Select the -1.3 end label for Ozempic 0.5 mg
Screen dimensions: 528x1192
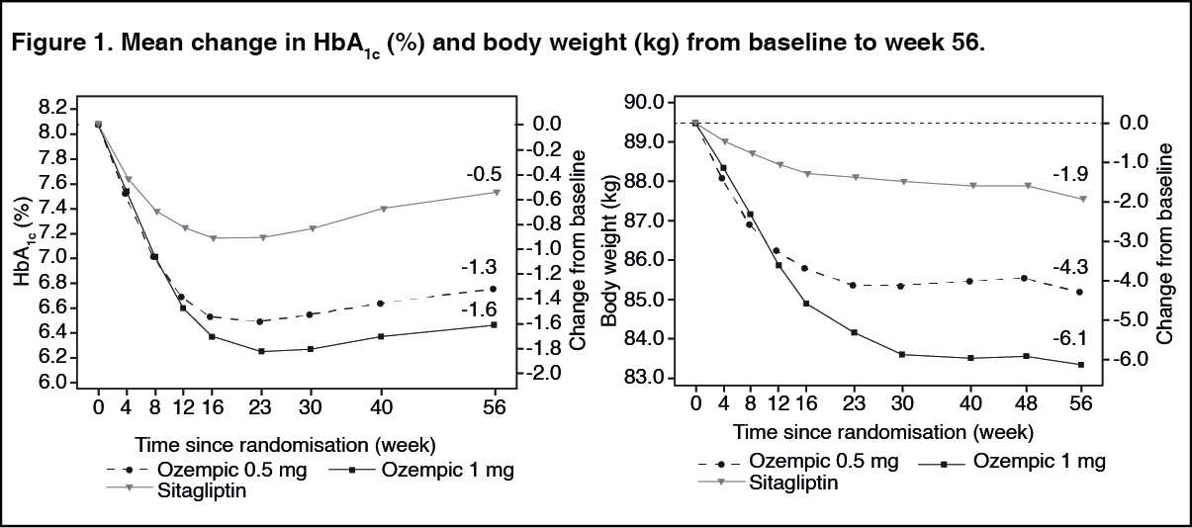coord(478,267)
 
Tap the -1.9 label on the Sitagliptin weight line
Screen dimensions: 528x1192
coord(1070,175)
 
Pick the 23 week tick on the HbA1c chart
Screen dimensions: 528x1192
coord(261,405)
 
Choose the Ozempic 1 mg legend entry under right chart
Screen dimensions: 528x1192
coord(1039,461)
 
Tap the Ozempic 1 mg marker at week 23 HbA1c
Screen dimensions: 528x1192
coord(261,351)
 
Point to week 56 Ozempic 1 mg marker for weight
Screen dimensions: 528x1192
coord(1081,364)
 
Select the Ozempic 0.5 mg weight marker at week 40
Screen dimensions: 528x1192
coord(969,281)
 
